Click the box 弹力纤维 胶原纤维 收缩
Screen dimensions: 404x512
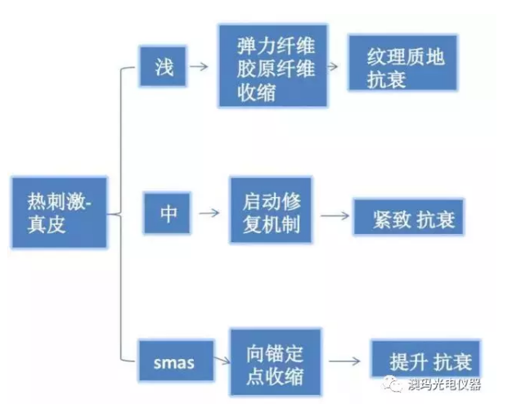click(272, 65)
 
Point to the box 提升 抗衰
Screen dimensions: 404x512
click(421, 360)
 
